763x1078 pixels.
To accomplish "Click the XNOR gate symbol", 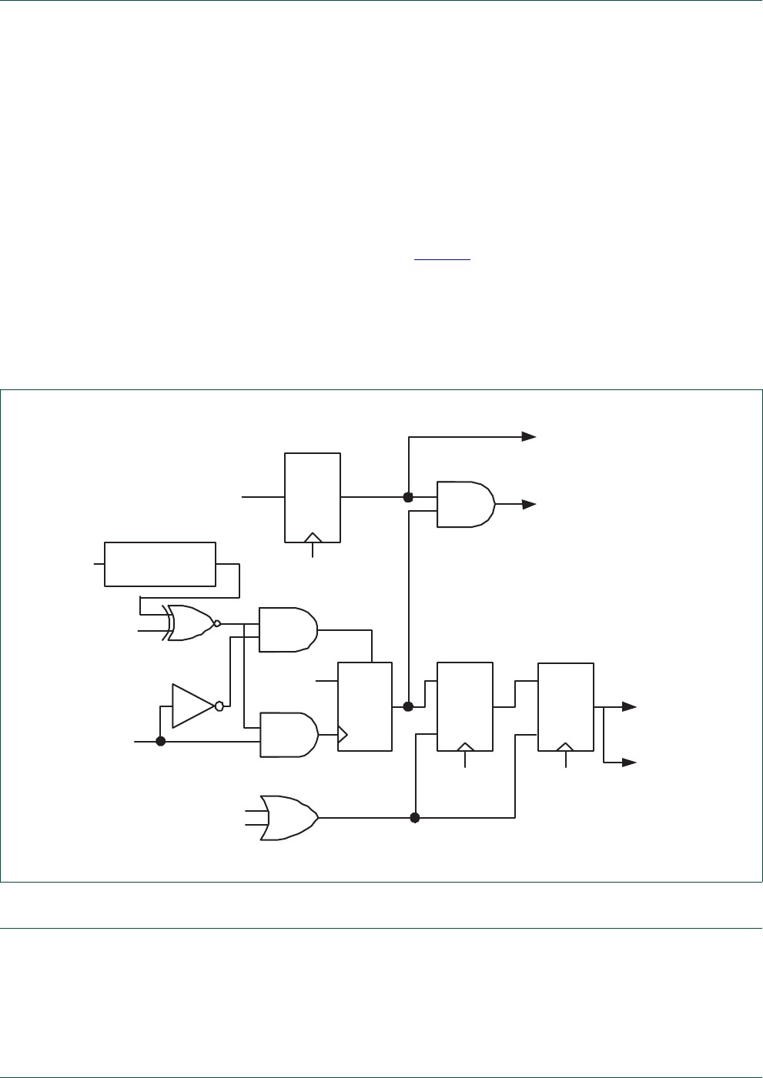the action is click(x=189, y=623).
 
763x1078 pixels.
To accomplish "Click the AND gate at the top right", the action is click(x=465, y=504).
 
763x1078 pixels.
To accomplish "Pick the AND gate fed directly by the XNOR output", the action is click(x=287, y=629).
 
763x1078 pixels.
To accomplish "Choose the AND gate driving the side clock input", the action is click(x=289, y=735).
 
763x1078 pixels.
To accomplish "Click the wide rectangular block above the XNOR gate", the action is click(x=160, y=564).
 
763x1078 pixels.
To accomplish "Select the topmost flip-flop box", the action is click(x=313, y=498).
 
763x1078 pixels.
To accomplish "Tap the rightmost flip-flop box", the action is click(x=566, y=706).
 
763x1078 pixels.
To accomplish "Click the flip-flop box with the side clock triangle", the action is click(x=365, y=706).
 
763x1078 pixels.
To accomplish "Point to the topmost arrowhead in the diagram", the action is click(x=529, y=436).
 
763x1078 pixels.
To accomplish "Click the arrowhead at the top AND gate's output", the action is click(x=529, y=504).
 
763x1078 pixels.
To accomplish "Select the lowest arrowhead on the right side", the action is click(x=630, y=763).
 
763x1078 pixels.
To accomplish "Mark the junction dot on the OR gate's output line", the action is click(x=415, y=818).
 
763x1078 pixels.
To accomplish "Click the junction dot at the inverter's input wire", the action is click(x=160, y=742).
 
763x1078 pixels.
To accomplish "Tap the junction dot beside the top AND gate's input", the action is click(x=409, y=497).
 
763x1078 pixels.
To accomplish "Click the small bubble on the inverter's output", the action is click(x=219, y=706).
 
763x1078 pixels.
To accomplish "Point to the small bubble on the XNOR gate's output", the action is click(x=217, y=623).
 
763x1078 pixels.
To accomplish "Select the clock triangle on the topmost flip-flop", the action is click(x=313, y=536).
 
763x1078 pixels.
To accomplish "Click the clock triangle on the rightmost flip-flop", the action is click(x=566, y=746).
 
